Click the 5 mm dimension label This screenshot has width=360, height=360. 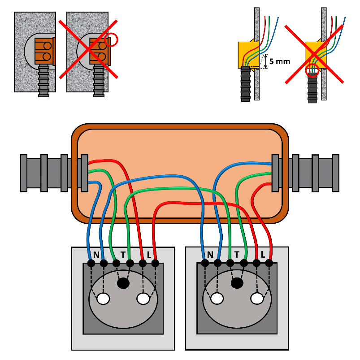280,62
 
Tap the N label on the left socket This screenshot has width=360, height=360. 96,255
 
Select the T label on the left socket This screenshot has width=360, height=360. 123,255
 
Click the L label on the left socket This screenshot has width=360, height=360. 149,255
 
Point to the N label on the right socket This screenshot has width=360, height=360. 210,255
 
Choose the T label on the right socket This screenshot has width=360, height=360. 237,255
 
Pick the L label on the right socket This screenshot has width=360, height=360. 263,255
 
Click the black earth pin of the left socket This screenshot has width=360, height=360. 123,283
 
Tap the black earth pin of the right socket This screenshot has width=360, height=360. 237,283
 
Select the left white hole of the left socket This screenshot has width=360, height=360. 104,299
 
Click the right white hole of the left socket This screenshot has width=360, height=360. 143,299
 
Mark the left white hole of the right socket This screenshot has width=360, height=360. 218,299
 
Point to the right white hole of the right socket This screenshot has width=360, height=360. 257,299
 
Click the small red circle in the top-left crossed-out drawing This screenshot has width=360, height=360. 111,40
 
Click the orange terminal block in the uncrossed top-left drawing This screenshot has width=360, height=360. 44,50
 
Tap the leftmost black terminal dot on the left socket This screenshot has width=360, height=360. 91,264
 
